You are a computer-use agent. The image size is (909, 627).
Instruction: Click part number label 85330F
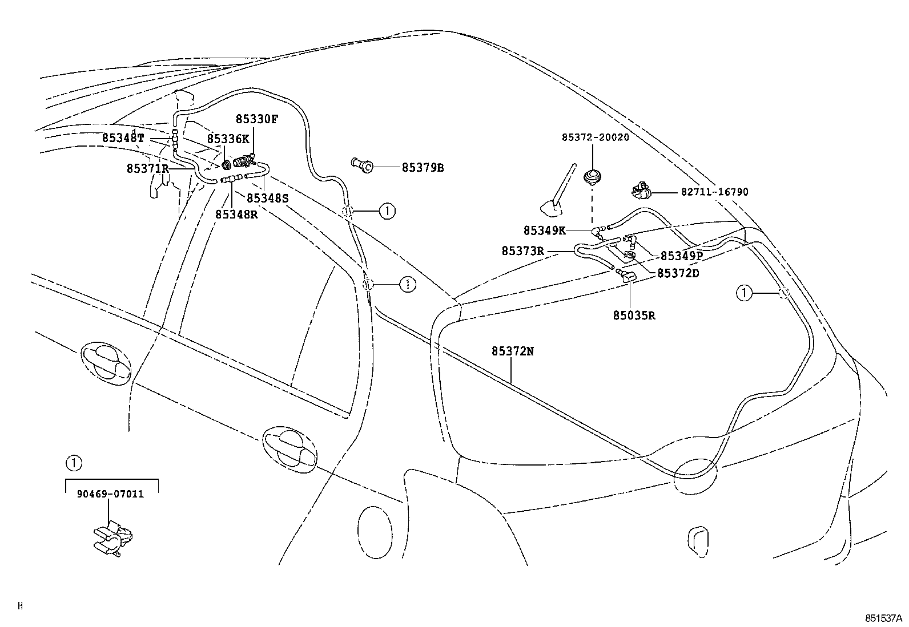[x=257, y=119]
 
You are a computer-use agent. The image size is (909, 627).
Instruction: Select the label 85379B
[x=423, y=168]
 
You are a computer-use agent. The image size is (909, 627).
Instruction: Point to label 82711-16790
[x=714, y=192]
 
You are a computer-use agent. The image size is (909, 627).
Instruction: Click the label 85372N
[x=512, y=351]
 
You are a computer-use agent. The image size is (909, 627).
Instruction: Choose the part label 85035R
[x=634, y=315]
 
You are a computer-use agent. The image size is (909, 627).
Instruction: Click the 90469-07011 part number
[x=110, y=493]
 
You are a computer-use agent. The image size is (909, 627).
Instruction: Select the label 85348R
[x=236, y=214]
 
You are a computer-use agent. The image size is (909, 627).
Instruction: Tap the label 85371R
[x=148, y=168]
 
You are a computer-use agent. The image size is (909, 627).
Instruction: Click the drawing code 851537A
[x=882, y=618]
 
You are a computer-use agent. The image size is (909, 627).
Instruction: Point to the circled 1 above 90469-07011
[x=73, y=463]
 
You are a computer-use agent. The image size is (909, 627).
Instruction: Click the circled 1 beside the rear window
[x=744, y=294]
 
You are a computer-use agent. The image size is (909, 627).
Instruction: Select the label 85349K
[x=544, y=230]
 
